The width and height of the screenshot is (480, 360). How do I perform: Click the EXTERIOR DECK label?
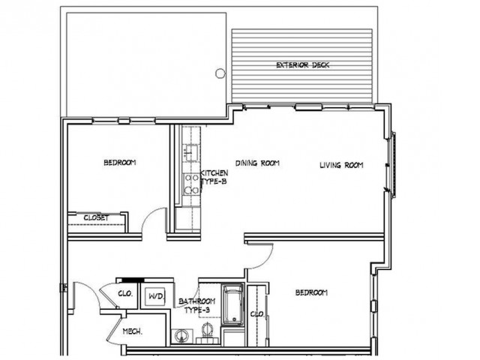click(303, 65)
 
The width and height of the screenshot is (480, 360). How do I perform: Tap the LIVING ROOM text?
click(341, 166)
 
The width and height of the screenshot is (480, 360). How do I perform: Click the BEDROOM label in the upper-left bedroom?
click(119, 163)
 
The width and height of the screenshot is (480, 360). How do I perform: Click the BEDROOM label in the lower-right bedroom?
click(310, 292)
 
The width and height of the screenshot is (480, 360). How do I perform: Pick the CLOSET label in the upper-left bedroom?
click(96, 217)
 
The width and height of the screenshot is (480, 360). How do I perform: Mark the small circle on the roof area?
click(220, 73)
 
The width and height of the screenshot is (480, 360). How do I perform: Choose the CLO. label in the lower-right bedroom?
click(255, 313)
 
